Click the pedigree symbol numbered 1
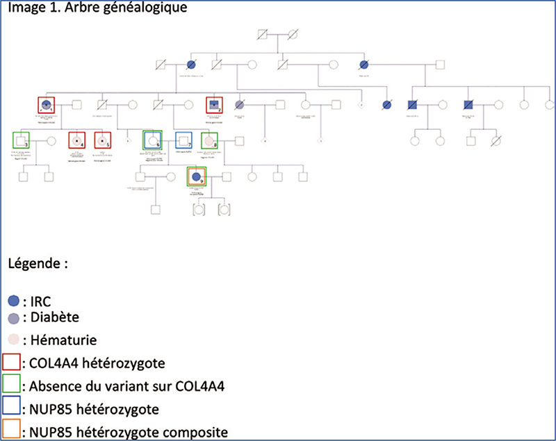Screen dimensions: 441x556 pyautogui.click(x=47, y=106)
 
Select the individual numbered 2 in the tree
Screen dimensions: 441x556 pyautogui.click(x=214, y=106)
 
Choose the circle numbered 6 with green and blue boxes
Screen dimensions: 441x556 pyautogui.click(x=152, y=140)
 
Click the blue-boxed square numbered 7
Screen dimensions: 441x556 pyautogui.click(x=183, y=140)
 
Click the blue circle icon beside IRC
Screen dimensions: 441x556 pyautogui.click(x=13, y=301)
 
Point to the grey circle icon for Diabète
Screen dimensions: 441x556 pyautogui.click(x=13, y=317)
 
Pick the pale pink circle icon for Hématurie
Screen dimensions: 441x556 pyautogui.click(x=13, y=340)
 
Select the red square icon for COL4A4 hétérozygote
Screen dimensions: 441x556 pyautogui.click(x=12, y=363)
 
